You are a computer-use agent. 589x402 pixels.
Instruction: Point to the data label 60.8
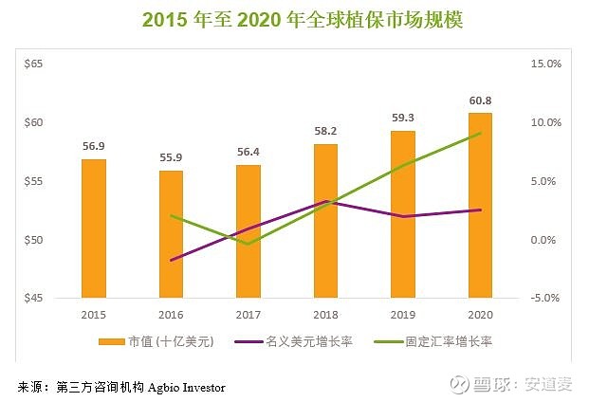pos(480,100)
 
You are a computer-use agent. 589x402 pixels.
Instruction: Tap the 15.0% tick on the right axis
pos(547,64)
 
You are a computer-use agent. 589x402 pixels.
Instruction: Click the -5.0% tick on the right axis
pos(547,299)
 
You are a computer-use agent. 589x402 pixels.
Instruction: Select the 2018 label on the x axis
pos(325,314)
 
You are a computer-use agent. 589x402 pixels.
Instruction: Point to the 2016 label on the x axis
pos(171,314)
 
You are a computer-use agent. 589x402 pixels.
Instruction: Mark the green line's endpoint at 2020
pos(481,133)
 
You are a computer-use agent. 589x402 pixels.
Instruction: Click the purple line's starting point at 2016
pos(172,260)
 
